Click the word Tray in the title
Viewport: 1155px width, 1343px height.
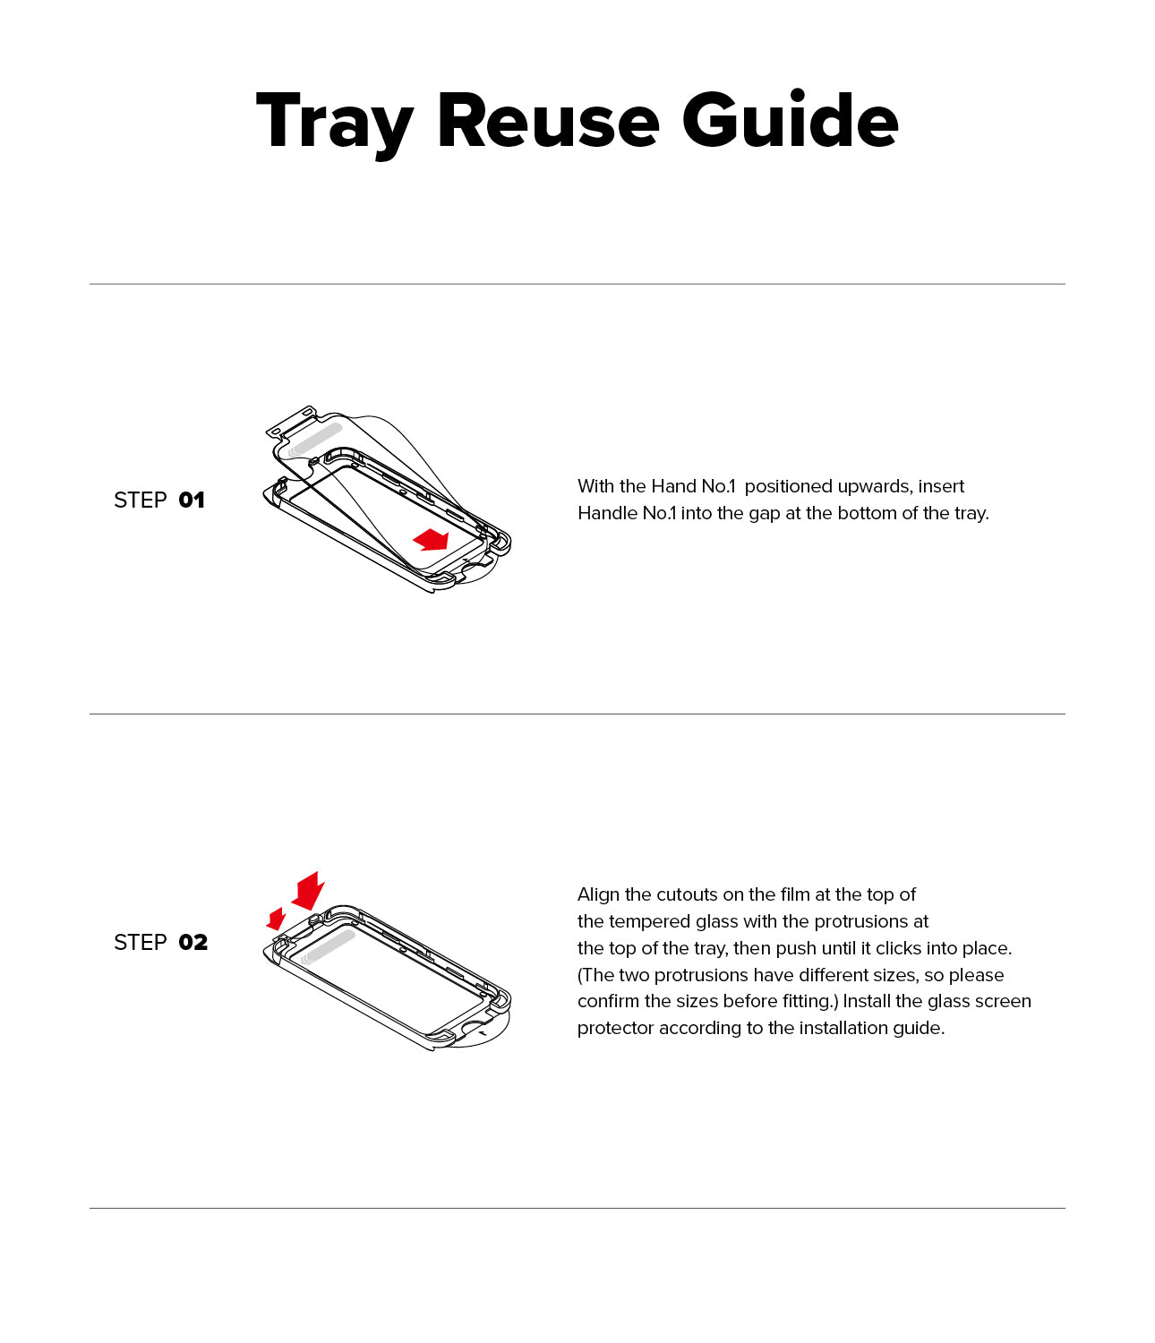pyautogui.click(x=333, y=123)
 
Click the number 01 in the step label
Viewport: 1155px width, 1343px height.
pyautogui.click(x=192, y=500)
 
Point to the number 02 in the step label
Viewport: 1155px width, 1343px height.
pyautogui.click(x=193, y=943)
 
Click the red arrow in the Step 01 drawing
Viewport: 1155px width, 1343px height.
pyautogui.click(x=432, y=539)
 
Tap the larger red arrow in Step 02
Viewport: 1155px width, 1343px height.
pyautogui.click(x=309, y=890)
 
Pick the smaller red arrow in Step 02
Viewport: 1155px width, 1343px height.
pyautogui.click(x=277, y=919)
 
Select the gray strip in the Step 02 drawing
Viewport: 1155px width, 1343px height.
pyautogui.click(x=329, y=945)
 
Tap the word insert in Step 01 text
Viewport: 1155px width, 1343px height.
pyautogui.click(x=941, y=486)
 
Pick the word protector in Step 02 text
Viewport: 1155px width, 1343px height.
pyautogui.click(x=615, y=1028)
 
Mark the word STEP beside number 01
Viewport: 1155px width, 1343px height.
pyautogui.click(x=141, y=500)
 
